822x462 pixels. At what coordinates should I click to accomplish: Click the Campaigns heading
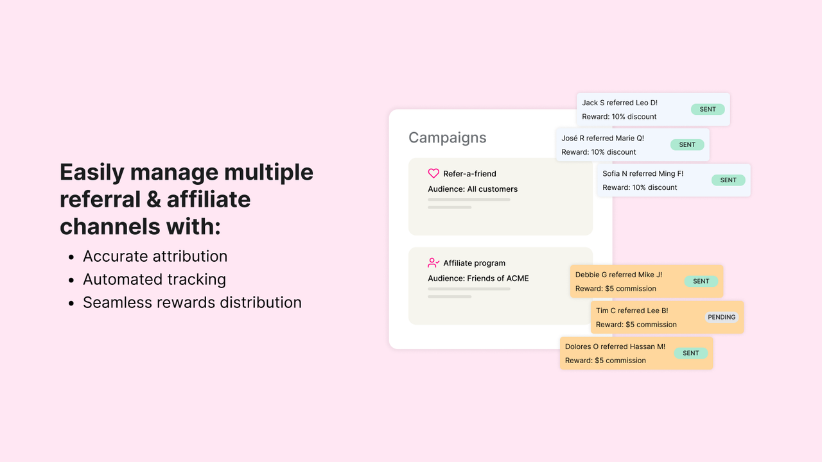pos(447,138)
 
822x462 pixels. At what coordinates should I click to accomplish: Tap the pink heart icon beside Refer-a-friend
pos(433,174)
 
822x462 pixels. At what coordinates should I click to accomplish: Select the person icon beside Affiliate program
pos(433,263)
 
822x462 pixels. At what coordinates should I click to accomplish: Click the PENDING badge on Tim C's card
pos(722,317)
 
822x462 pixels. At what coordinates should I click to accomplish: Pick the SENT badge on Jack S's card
pos(708,109)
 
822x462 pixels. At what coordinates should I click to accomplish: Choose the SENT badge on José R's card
pos(687,144)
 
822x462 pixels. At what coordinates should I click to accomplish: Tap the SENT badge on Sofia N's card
pos(728,180)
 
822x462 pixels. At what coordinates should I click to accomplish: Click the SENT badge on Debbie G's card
pos(701,281)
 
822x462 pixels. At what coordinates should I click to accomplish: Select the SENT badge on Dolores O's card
pos(691,353)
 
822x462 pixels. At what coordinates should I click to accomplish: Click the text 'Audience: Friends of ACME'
pos(478,278)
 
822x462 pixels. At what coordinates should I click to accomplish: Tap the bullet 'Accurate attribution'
pos(155,256)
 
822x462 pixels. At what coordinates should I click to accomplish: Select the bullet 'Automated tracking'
pos(154,279)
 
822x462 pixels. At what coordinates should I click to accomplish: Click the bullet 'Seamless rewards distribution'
pos(192,302)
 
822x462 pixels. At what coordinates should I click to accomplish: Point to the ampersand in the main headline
pos(153,200)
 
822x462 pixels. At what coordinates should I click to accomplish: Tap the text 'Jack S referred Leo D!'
pos(620,103)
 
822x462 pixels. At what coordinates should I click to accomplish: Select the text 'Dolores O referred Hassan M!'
pos(615,346)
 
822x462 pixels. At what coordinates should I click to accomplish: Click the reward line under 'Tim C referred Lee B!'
pos(636,325)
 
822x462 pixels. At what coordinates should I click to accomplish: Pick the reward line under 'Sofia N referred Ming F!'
pos(640,187)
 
